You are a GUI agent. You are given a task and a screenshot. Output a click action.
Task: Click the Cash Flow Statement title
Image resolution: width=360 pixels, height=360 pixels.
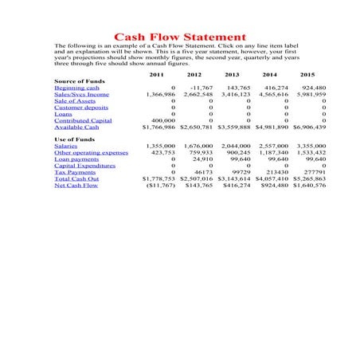coord(180,37)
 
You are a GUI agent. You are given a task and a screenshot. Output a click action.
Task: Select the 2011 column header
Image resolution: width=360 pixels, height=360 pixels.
coord(158,74)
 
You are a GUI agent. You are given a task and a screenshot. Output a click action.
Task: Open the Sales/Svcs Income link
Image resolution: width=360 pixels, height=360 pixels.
coord(77,94)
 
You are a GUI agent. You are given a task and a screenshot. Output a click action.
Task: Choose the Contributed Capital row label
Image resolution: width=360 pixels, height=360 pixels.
coord(83,120)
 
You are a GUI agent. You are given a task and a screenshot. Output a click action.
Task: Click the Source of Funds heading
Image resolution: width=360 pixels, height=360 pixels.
coord(80,81)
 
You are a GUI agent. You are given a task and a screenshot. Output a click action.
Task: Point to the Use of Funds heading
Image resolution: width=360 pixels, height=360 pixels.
coord(74,139)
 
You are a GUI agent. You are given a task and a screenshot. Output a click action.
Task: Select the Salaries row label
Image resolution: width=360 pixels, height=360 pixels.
coord(66,147)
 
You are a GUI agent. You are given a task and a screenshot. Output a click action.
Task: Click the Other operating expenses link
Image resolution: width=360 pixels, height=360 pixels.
coord(91,153)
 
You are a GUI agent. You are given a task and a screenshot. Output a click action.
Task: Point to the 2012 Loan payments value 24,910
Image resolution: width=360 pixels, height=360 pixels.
coord(203,159)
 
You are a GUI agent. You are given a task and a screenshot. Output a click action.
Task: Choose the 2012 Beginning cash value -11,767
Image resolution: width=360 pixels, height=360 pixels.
coord(202,88)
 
